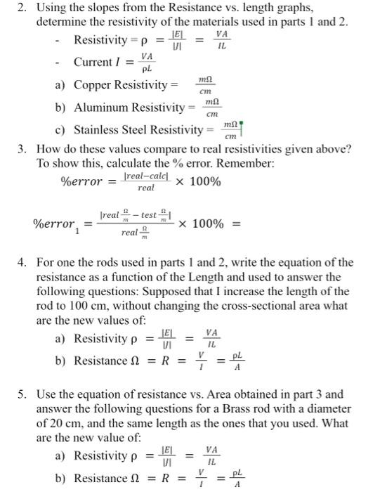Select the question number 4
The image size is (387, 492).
22,264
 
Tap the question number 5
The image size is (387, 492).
22,394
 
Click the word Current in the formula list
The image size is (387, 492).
94,63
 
